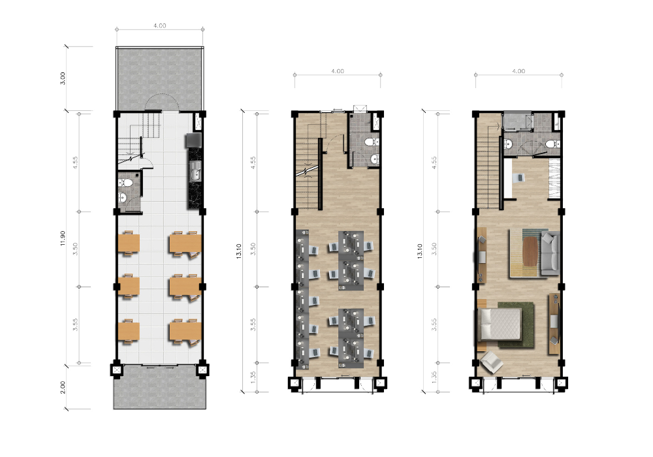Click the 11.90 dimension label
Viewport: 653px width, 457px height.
[63, 238]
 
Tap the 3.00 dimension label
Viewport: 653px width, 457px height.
[63, 78]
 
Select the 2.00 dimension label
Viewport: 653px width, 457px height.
[63, 387]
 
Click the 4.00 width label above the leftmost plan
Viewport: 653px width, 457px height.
[159, 25]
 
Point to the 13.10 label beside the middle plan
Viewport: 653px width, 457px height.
[238, 251]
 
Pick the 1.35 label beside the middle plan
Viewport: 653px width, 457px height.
[253, 377]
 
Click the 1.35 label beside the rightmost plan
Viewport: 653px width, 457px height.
[434, 377]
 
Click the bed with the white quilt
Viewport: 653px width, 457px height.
[499, 324]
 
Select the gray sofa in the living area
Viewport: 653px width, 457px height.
[550, 253]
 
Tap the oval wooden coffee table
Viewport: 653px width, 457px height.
[530, 251]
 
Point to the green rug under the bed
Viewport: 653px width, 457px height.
[517, 325]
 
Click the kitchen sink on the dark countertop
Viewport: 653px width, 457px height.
[195, 172]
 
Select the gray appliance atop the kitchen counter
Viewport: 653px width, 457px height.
[194, 140]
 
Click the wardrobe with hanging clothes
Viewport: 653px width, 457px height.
[554, 178]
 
